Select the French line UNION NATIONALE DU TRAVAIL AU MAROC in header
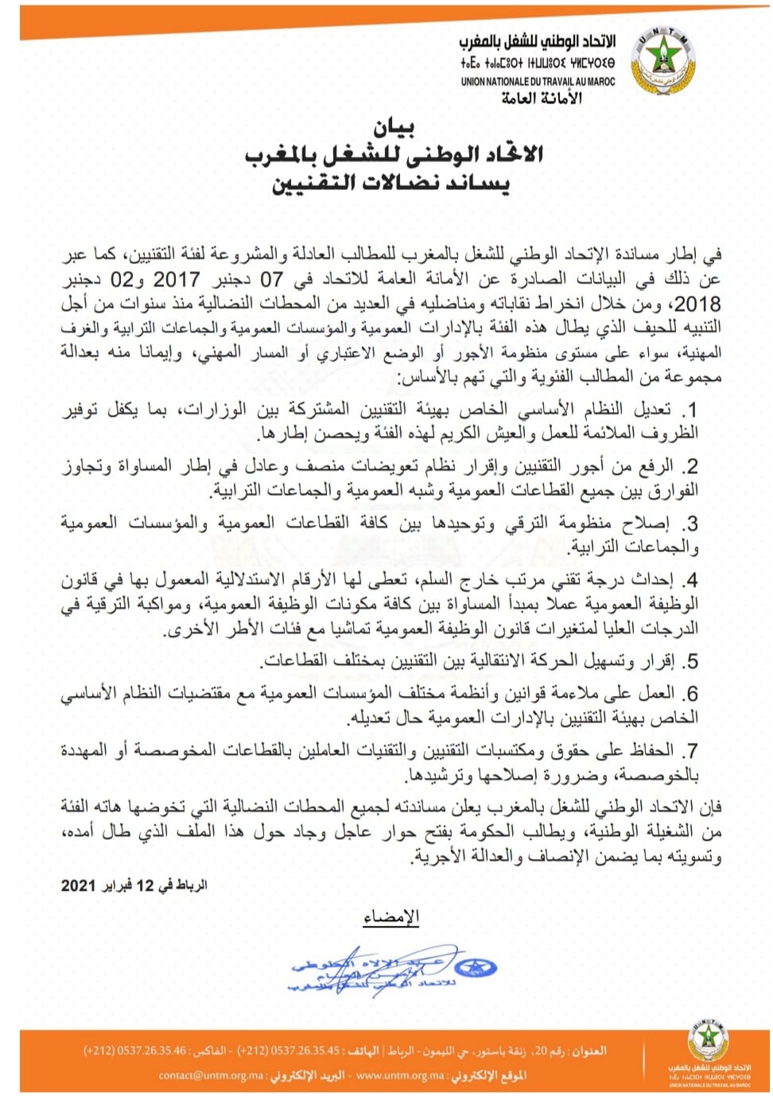(x=538, y=81)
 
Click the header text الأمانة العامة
(x=542, y=98)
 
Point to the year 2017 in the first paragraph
(x=176, y=279)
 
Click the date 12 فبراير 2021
(x=134, y=885)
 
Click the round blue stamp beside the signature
(x=475, y=967)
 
